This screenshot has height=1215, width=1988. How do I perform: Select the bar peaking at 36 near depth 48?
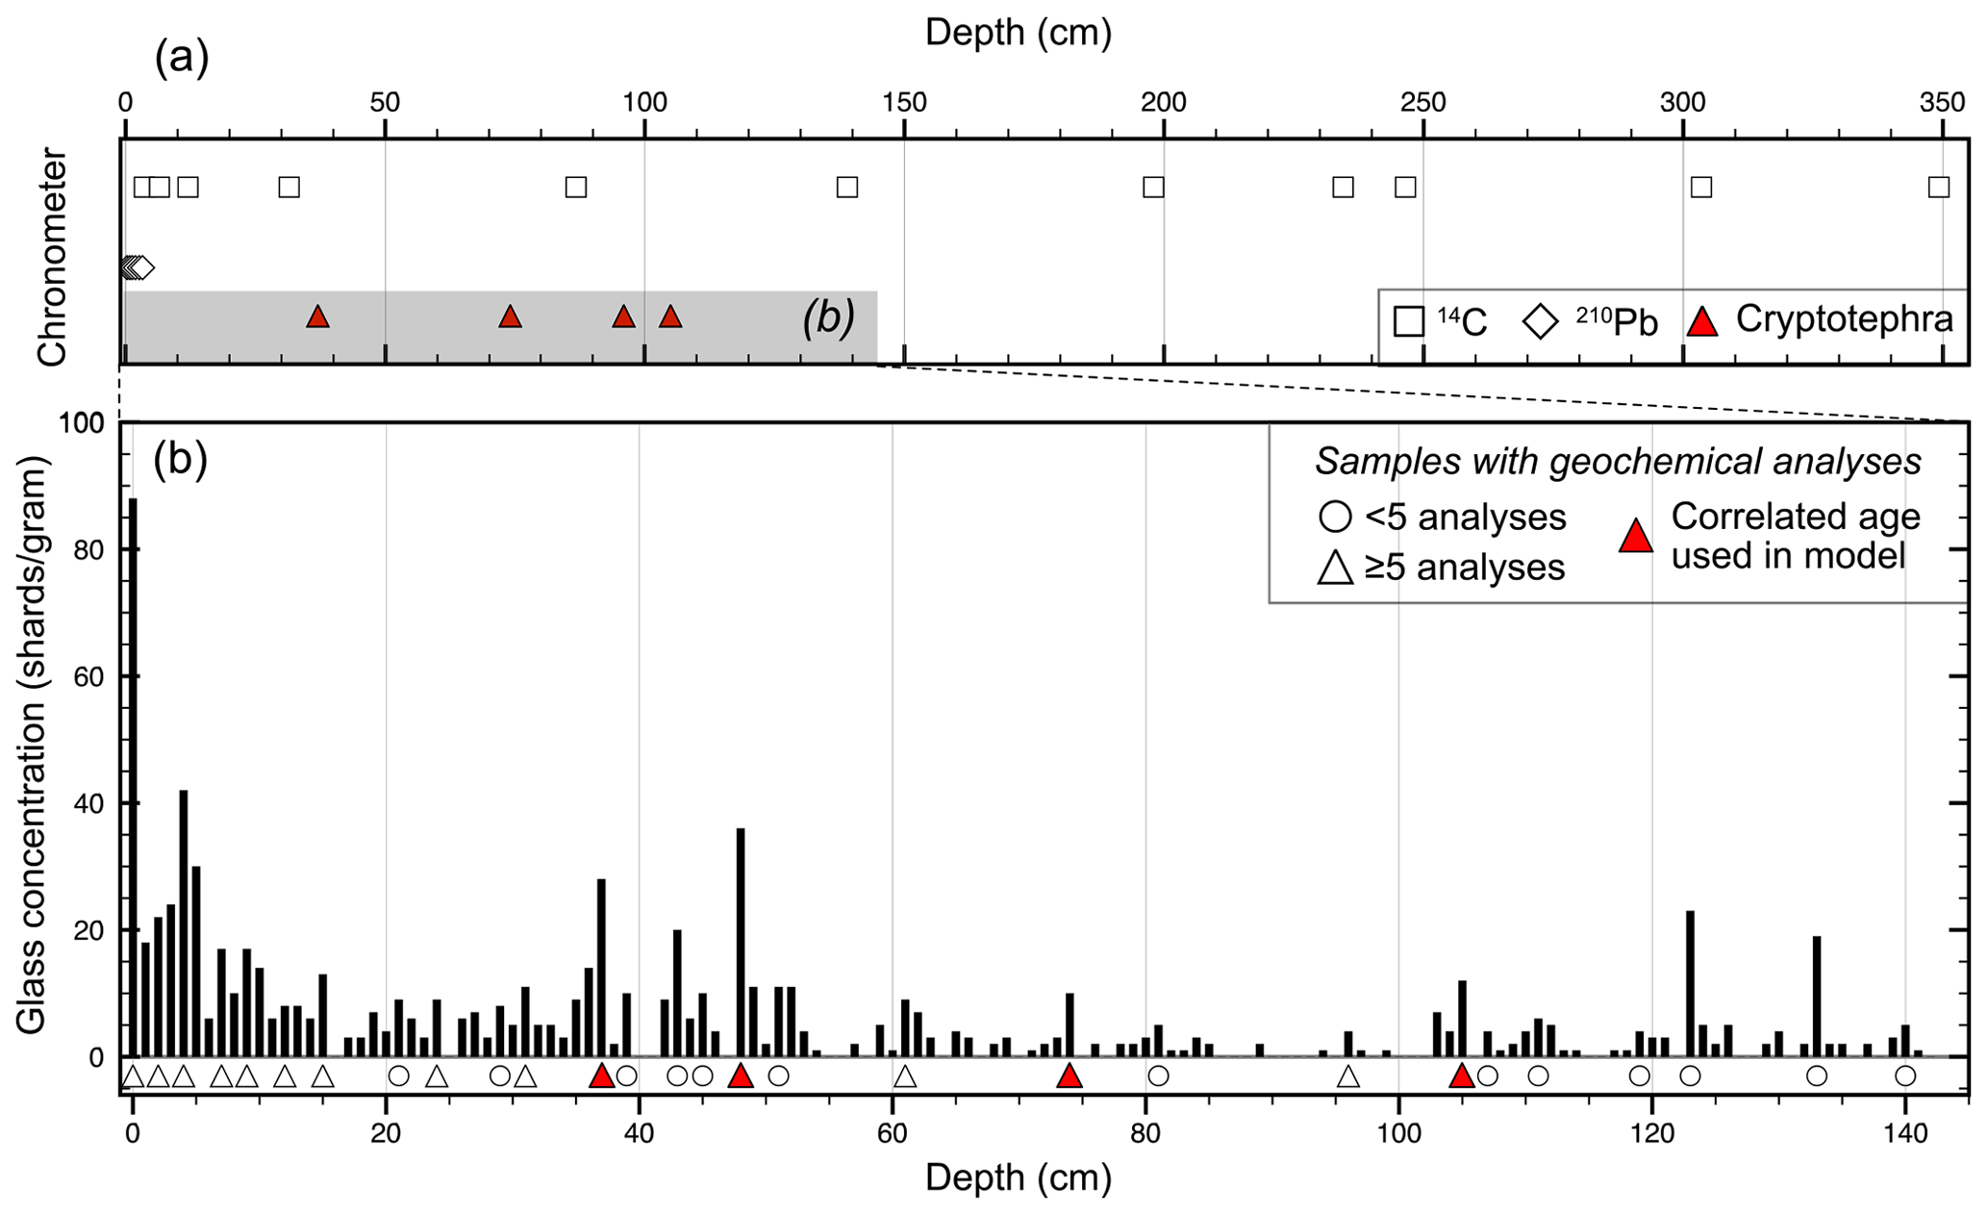(741, 943)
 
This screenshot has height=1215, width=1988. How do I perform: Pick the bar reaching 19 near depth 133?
(1817, 996)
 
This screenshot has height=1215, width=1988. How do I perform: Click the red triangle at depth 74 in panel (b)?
(1069, 1076)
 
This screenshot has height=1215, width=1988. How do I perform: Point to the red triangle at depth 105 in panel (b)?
(1462, 1076)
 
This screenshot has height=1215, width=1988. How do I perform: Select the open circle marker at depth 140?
(1905, 1076)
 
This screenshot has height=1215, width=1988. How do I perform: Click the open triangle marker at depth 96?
(1348, 1076)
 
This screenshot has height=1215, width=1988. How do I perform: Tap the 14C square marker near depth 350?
(1939, 187)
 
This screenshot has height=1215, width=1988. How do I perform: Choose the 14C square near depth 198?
(1153, 187)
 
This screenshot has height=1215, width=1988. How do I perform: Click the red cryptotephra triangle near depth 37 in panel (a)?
(317, 316)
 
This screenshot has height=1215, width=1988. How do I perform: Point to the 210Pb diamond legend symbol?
(1541, 322)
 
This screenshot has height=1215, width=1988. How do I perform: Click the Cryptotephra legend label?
(1844, 319)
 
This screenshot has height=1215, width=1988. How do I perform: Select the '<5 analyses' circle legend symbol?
(1335, 518)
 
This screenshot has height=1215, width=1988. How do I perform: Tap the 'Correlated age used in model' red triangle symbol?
(1635, 536)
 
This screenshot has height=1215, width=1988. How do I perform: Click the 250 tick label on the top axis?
(1422, 102)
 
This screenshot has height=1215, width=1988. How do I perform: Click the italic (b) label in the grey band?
(828, 318)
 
